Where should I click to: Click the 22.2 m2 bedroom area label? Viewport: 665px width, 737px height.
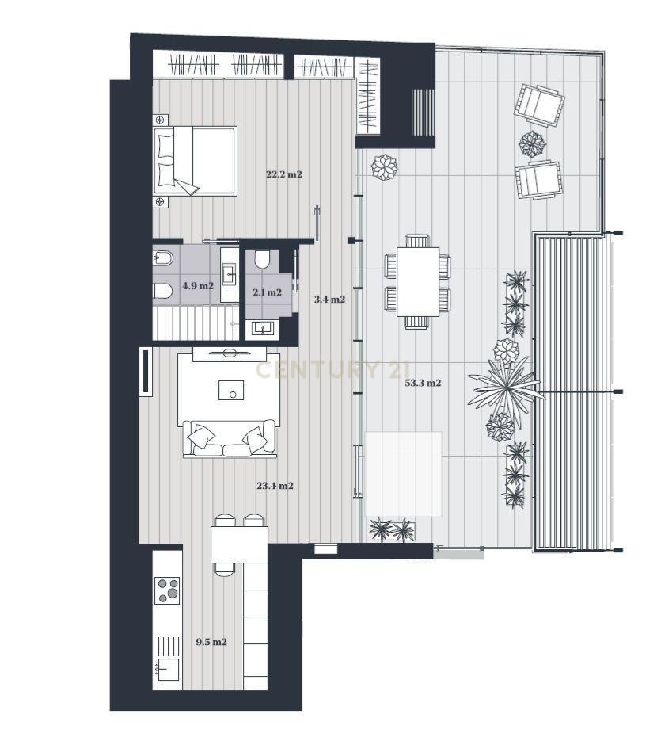[284, 175]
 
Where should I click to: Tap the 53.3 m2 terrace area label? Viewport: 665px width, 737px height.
[423, 383]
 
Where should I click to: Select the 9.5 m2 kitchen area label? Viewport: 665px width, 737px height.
[211, 642]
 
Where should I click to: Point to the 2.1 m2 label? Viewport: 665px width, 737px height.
[268, 293]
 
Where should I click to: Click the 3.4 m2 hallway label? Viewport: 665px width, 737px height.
[329, 300]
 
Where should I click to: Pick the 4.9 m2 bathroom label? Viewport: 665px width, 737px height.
[198, 286]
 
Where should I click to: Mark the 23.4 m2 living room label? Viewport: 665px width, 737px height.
[275, 486]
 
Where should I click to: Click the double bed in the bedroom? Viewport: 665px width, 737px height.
[195, 161]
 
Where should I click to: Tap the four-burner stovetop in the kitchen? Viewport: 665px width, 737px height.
[168, 590]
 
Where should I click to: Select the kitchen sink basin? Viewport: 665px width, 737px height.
[169, 669]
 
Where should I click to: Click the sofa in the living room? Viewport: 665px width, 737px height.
[229, 438]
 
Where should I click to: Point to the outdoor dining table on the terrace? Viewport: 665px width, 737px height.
[418, 281]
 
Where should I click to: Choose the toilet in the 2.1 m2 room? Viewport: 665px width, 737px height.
[261, 259]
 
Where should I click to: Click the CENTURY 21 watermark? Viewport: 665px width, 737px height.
[333, 370]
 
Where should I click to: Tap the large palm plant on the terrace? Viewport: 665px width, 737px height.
[506, 388]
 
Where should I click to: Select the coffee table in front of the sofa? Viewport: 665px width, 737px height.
[231, 390]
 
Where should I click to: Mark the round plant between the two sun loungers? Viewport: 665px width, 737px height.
[532, 143]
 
